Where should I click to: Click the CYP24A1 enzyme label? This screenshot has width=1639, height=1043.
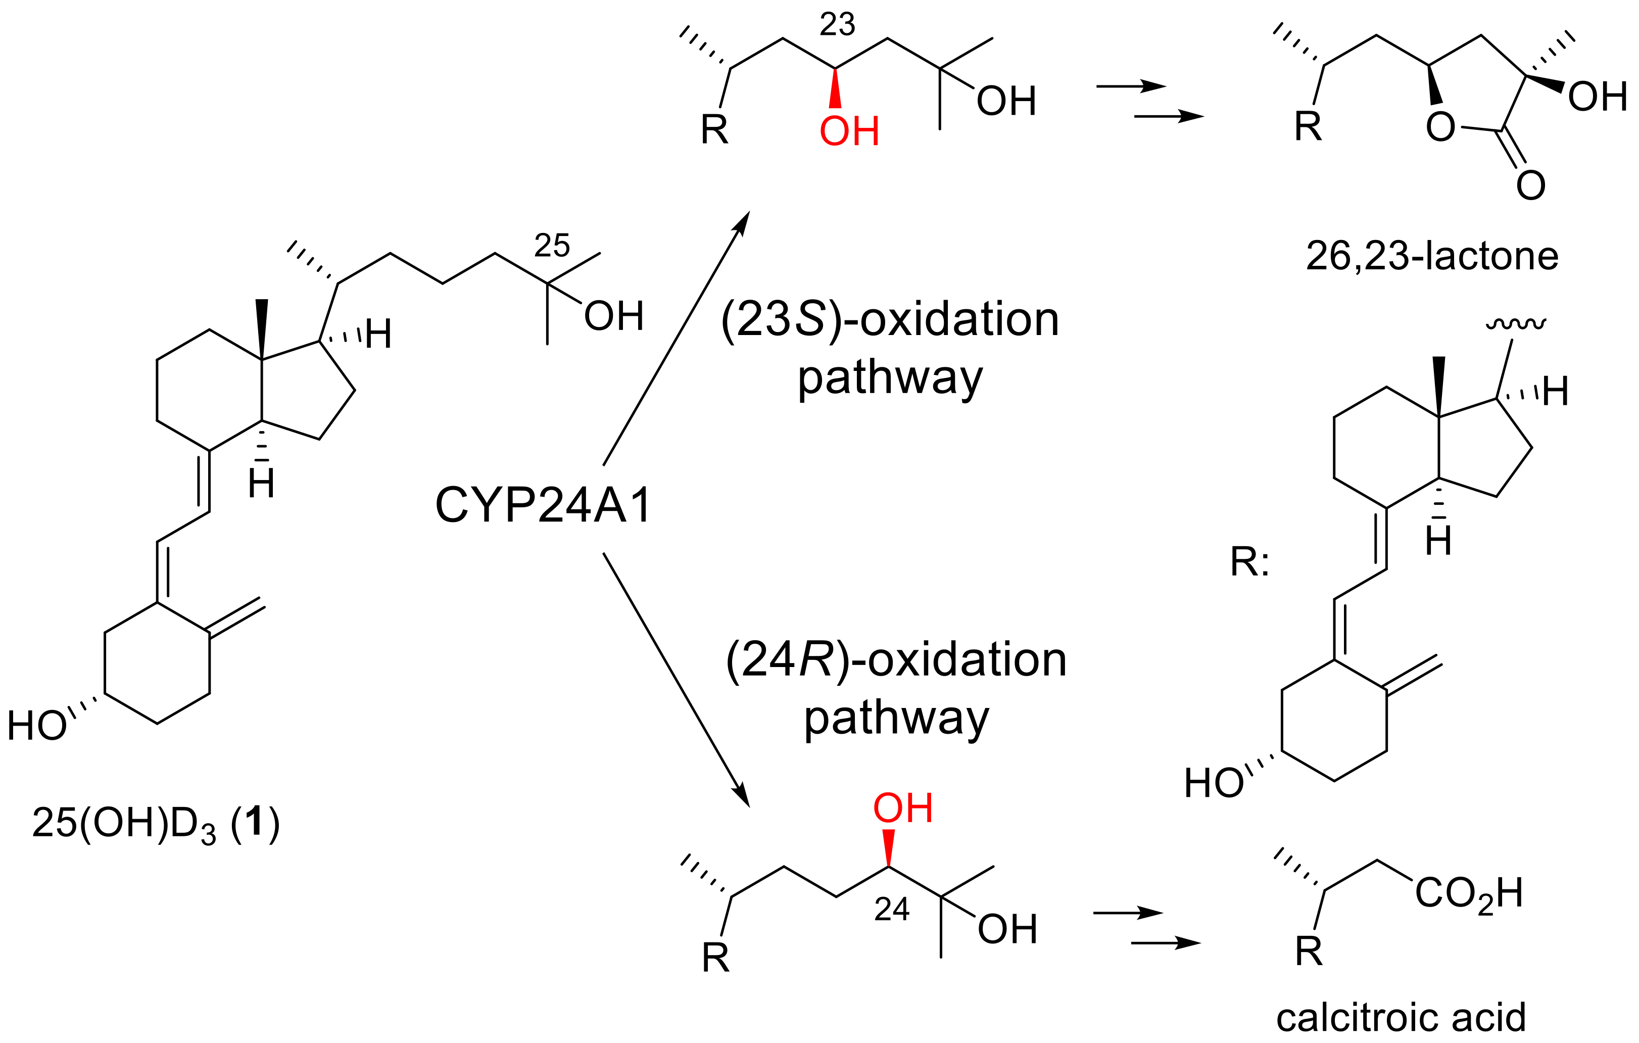pyautogui.click(x=543, y=505)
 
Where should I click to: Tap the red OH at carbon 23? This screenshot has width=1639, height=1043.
pyautogui.click(x=849, y=131)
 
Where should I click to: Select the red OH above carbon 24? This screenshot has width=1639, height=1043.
pyautogui.click(x=902, y=808)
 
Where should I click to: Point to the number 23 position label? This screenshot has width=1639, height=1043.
pyautogui.click(x=837, y=25)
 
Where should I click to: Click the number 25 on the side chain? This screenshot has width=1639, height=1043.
pyautogui.click(x=551, y=245)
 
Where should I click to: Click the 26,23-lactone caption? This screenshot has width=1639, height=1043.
pyautogui.click(x=1431, y=257)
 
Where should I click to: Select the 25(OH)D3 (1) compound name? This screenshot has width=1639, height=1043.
pyautogui.click(x=155, y=823)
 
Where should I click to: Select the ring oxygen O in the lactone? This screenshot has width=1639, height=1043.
pyautogui.click(x=1440, y=127)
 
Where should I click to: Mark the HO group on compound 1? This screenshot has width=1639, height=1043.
pyautogui.click(x=37, y=726)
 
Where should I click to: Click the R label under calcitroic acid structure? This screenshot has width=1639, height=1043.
pyautogui.click(x=1308, y=951)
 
